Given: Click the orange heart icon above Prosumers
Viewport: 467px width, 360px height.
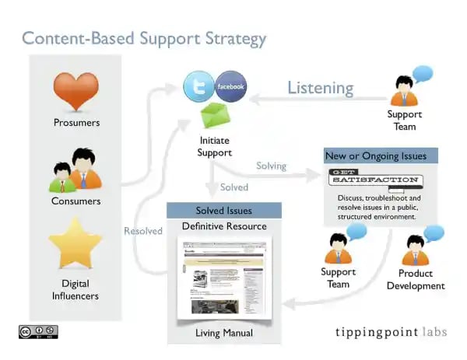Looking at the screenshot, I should click(76, 89).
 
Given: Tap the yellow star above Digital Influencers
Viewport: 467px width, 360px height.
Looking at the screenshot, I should click(75, 242).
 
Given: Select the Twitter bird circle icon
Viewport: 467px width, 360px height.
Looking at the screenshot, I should click(199, 86).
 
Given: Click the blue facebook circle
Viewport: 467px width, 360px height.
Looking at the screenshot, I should click(230, 86).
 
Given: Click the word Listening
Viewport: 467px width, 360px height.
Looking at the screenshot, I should click(320, 87).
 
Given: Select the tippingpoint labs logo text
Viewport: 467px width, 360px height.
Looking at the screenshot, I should click(391, 330).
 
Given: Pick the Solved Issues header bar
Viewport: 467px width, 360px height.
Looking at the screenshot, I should click(223, 211).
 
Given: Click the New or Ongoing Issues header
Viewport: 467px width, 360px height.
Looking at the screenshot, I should click(376, 156).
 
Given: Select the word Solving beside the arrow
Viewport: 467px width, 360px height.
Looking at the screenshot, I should click(271, 166).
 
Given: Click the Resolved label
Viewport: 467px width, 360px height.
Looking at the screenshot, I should click(143, 230).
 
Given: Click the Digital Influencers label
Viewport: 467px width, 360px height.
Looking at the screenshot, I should click(75, 289).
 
